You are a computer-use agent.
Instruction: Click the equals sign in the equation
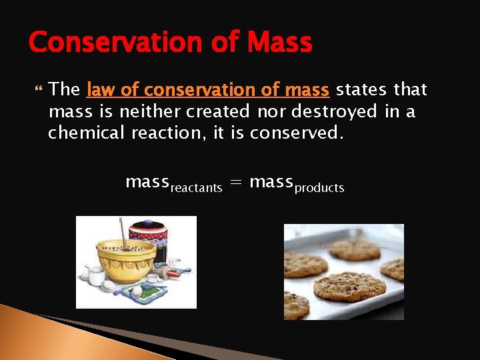click(x=235, y=182)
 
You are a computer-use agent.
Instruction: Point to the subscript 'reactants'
click(x=196, y=189)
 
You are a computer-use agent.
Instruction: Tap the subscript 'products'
click(x=319, y=189)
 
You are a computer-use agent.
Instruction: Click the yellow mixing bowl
click(x=126, y=260)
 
